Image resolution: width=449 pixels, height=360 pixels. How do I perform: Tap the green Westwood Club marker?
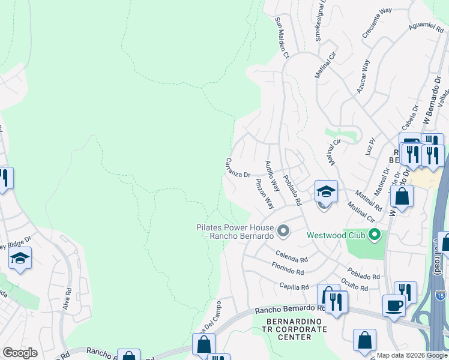(375, 235)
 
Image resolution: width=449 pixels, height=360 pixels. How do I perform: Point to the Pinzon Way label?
(265, 193)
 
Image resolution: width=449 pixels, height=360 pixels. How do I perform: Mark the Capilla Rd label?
(294, 287)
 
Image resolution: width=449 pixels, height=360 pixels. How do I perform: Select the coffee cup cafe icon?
(394, 305)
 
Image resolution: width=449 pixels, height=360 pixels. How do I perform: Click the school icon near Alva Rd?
(20, 259)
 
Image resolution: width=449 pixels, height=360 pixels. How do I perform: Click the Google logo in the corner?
(20, 353)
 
